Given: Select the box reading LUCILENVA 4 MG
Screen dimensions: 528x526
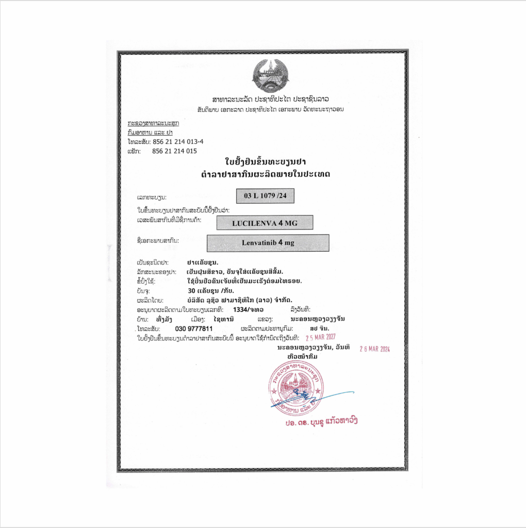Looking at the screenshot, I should [x=265, y=222].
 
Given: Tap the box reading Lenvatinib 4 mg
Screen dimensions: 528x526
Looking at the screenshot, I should [x=268, y=243].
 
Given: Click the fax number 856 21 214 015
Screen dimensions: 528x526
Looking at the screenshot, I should [x=174, y=151].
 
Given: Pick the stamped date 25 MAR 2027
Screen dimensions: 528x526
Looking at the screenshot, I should [x=324, y=338].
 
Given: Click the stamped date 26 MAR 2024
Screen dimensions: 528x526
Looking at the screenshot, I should [x=375, y=349].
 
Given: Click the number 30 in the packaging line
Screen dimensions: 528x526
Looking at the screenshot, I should [x=191, y=290].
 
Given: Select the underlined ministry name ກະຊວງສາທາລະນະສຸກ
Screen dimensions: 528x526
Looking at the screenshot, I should [x=153, y=124].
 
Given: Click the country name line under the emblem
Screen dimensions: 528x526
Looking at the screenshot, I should [x=270, y=98].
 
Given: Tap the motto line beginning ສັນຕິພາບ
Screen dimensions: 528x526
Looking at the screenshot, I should [x=270, y=109].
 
